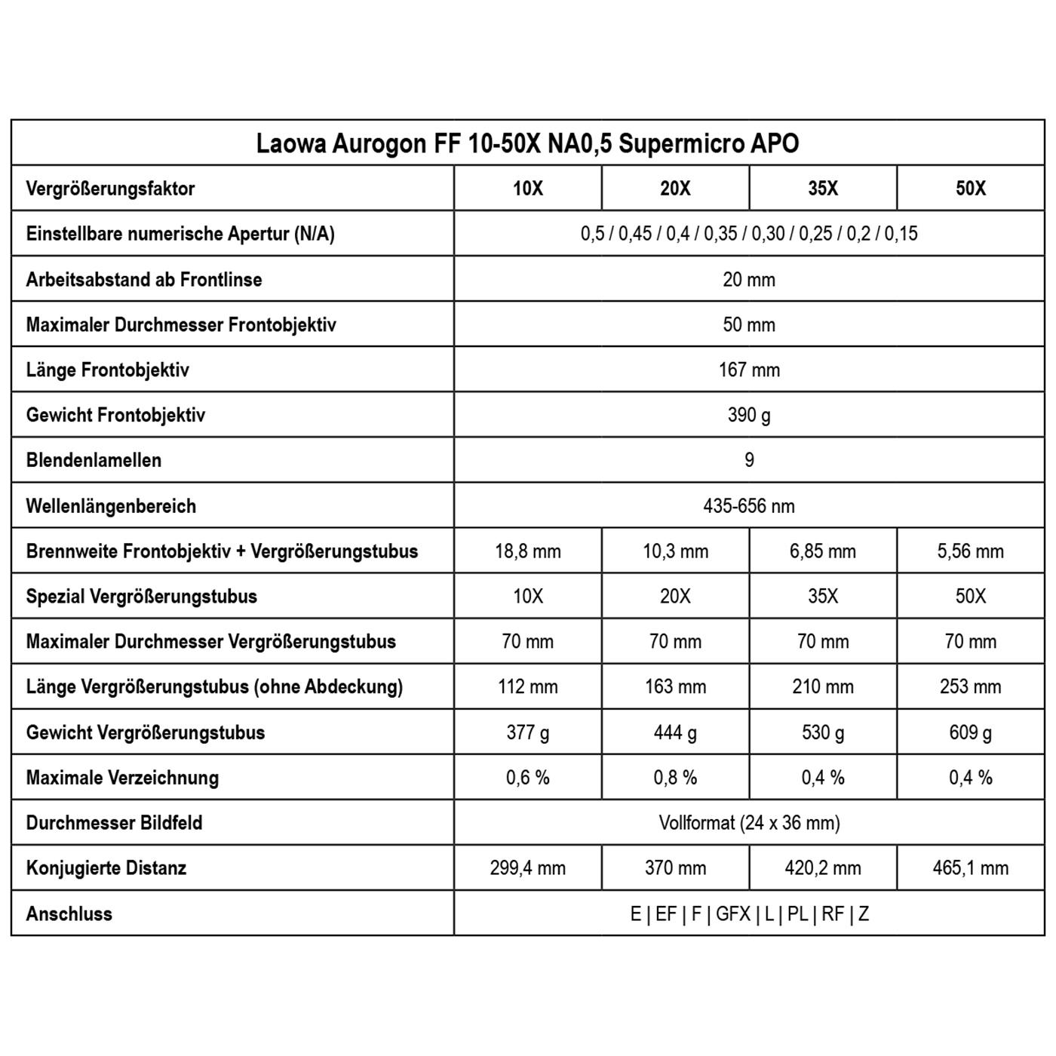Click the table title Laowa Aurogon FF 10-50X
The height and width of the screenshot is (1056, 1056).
coord(527,143)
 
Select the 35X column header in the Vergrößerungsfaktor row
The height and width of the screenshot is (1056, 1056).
coord(823,189)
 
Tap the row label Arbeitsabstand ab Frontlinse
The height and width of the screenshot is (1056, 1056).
coord(144,280)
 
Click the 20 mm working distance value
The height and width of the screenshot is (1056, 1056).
coord(749,280)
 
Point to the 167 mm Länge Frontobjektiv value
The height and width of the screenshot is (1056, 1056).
coord(749,370)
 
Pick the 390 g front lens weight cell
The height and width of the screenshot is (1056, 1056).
coord(749,415)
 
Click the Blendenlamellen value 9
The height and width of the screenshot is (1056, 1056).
coord(749,460)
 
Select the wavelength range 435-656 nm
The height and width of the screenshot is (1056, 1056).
coord(749,506)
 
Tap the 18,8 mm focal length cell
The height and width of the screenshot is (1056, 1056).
coord(528,551)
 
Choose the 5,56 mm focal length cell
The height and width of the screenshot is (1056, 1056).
coord(971,551)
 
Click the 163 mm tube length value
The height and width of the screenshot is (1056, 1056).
coord(676,687)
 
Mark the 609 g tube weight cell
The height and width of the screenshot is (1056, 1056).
coord(971,732)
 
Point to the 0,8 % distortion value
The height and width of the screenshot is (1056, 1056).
coord(676,778)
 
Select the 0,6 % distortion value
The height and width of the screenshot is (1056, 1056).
coord(528,778)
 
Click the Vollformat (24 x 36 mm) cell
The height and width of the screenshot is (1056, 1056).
coord(749,823)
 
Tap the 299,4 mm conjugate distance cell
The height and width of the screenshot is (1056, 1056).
coord(528,868)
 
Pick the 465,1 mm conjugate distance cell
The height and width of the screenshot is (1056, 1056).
coord(971,868)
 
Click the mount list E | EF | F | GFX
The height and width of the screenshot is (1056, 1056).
coord(749,914)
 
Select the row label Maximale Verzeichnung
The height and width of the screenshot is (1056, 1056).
coord(122,778)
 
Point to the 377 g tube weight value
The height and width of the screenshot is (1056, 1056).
coord(528,732)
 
